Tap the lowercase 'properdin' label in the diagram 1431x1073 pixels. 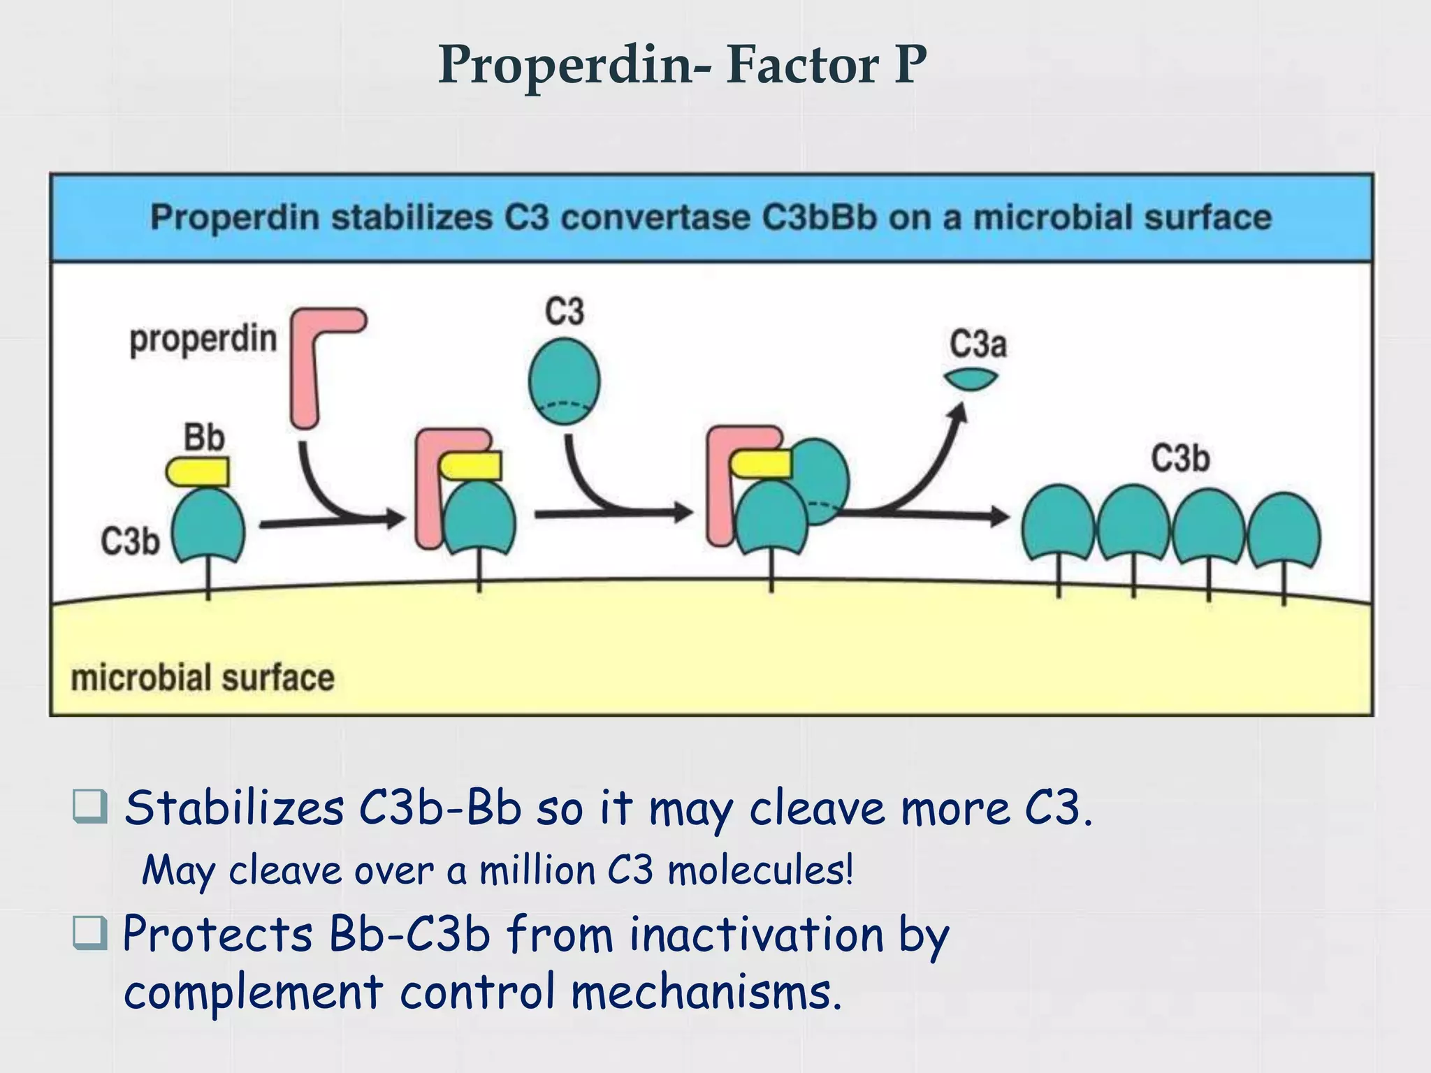[203, 340]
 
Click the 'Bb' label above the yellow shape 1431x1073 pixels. [204, 438]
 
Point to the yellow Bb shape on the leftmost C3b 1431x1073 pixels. [198, 472]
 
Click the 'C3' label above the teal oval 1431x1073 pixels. [564, 312]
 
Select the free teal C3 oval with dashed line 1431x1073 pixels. [564, 381]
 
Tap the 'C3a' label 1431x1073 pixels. [978, 344]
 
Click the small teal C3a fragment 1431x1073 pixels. [971, 379]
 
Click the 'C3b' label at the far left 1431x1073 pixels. [130, 541]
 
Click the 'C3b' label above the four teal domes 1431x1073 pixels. [1180, 459]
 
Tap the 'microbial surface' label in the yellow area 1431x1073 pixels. [203, 678]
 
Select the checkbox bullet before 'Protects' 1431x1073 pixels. [90, 933]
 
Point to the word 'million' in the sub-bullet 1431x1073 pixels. [537, 870]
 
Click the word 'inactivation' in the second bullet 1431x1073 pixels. [757, 934]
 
